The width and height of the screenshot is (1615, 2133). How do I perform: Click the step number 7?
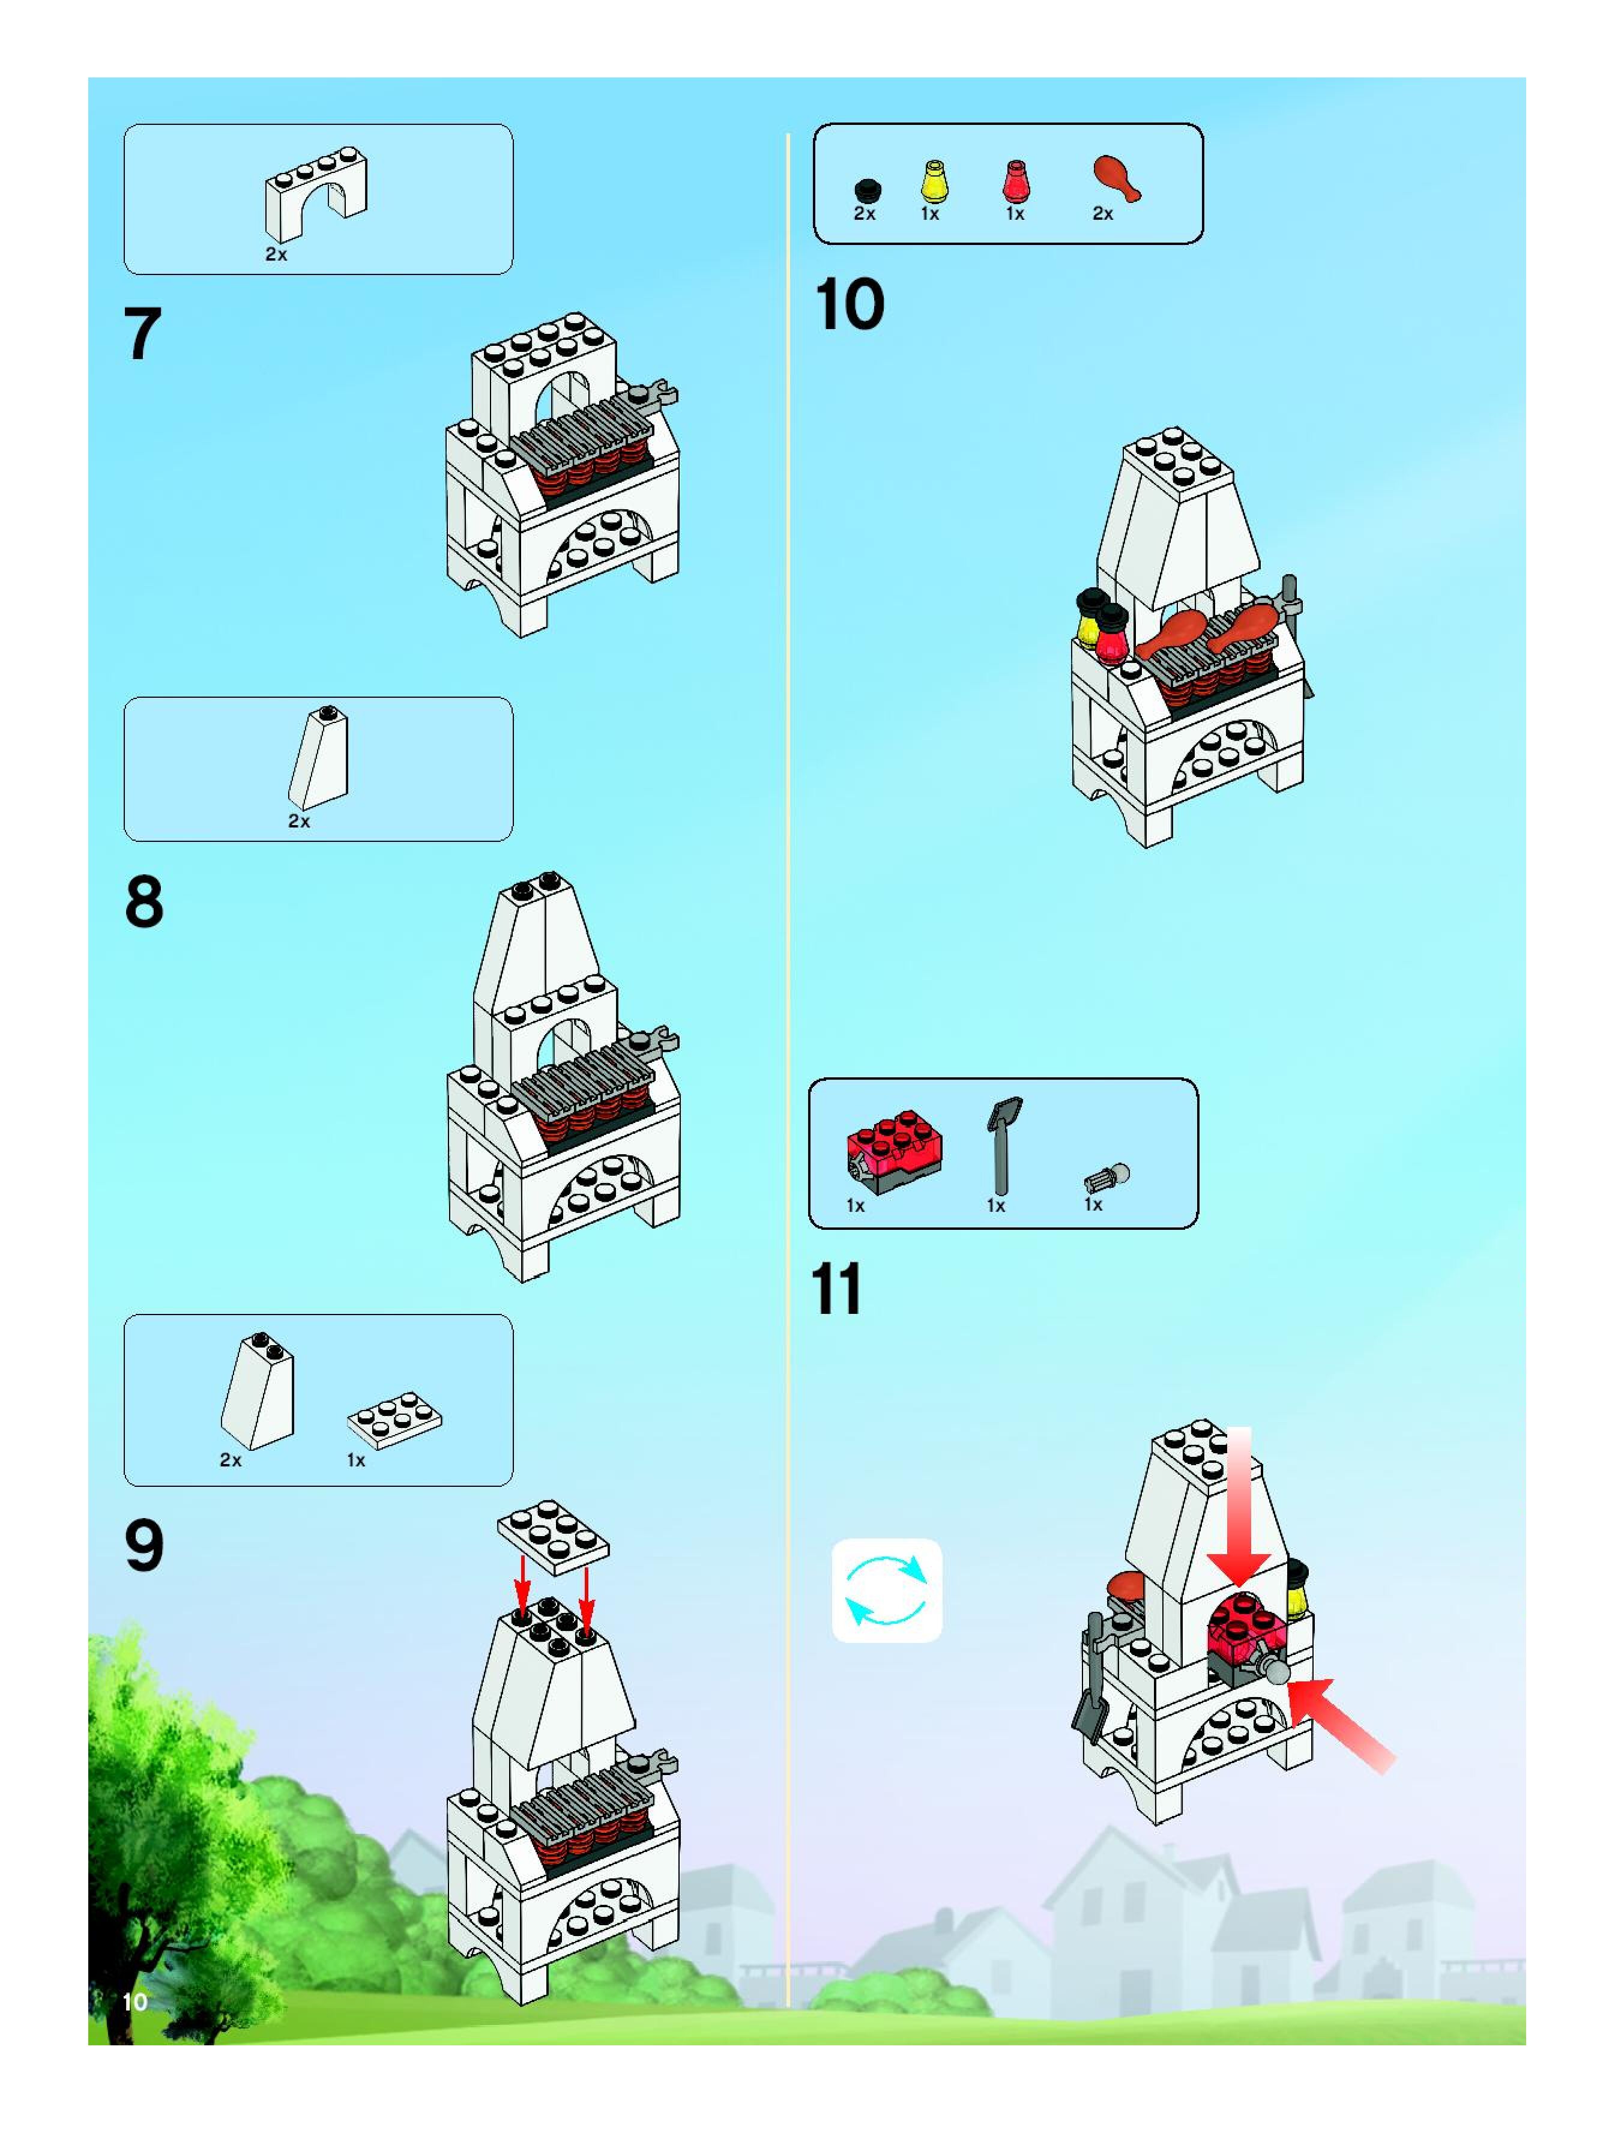tap(143, 334)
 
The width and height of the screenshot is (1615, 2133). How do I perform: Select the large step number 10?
tap(850, 304)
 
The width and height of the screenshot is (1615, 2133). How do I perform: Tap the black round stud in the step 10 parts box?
tap(868, 190)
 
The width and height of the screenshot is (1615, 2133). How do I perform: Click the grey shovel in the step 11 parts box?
tap(1003, 1146)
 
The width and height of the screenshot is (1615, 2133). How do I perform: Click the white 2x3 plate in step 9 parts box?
tap(394, 1420)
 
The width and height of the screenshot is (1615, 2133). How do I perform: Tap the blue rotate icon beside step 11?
tap(886, 1591)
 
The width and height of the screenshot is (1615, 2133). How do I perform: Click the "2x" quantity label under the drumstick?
tap(1103, 214)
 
